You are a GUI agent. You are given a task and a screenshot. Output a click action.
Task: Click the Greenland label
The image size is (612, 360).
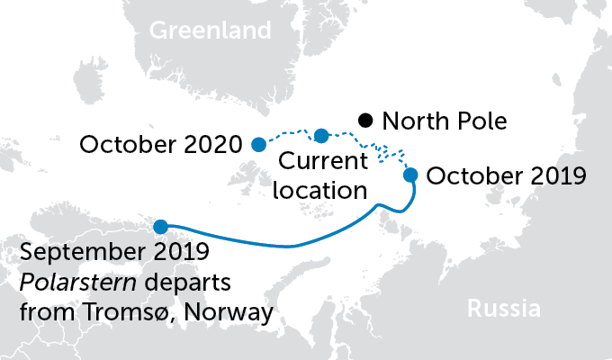point(210,31)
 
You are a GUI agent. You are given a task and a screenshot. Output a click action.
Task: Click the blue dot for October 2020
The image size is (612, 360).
point(258,144)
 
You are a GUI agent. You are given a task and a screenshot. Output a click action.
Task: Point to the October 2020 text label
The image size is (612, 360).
point(160,144)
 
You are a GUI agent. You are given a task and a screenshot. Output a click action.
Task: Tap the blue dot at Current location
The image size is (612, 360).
point(321,136)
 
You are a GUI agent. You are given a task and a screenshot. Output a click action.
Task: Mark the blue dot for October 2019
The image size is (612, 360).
point(410,175)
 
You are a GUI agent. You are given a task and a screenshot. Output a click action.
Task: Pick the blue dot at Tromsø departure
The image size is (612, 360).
point(160,227)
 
